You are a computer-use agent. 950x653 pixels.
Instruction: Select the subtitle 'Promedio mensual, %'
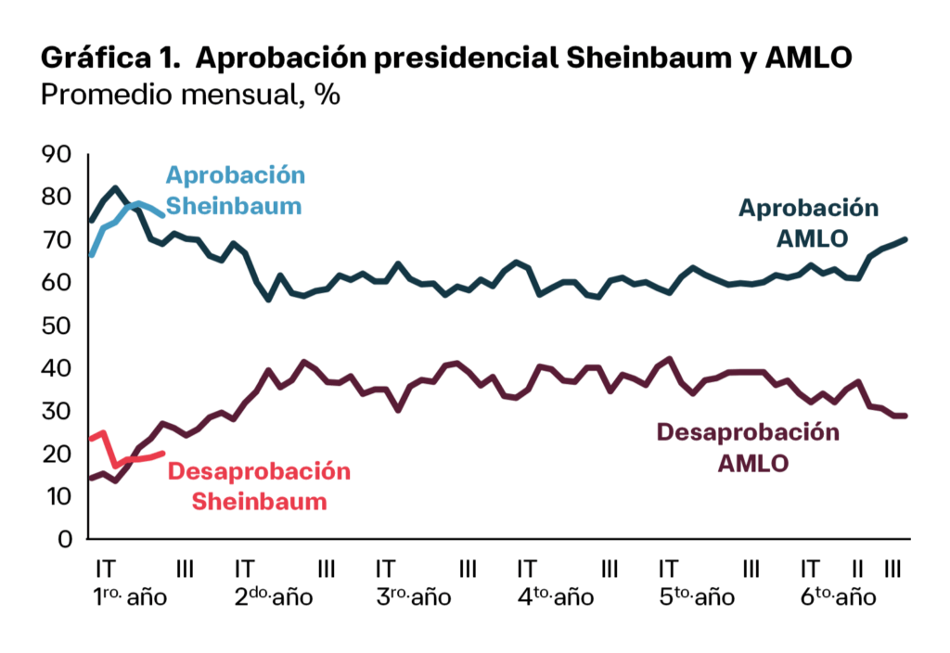190,96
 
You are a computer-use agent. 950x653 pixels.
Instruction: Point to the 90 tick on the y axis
58,155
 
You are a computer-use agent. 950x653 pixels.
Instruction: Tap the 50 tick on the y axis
58,326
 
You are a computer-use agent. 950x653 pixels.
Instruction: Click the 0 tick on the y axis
66,539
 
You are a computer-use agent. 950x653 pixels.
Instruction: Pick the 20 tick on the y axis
58,454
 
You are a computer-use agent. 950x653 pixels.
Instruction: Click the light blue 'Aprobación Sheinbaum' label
235,190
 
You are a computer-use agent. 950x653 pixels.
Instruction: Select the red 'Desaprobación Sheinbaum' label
259,486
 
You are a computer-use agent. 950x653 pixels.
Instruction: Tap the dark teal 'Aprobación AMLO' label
808,223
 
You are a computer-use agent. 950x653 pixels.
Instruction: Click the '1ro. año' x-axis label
130,596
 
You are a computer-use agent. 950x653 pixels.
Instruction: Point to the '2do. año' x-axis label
273,596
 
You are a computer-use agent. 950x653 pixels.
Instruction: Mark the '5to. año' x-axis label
697,596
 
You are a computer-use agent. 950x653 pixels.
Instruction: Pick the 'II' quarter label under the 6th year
858,568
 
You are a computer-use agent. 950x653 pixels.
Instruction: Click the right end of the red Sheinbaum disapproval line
163,453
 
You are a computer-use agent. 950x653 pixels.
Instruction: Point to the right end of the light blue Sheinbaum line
163,215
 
